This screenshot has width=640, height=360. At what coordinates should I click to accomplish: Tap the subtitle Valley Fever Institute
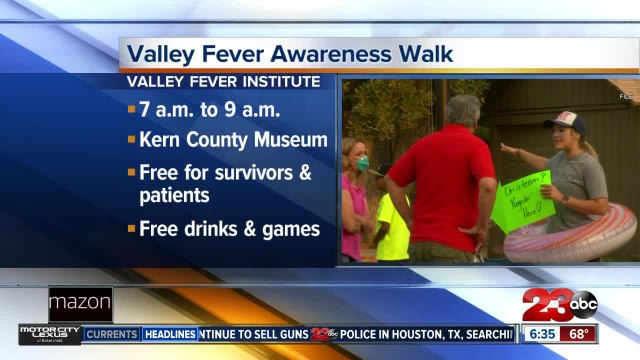(221, 81)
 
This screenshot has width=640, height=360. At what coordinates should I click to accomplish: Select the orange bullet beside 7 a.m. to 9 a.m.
(131, 107)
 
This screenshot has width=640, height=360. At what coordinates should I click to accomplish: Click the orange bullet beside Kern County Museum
(131, 139)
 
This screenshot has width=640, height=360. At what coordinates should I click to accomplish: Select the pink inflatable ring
(580, 238)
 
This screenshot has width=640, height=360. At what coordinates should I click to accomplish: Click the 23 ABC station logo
(570, 304)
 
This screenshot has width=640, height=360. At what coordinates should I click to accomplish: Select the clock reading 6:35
(542, 333)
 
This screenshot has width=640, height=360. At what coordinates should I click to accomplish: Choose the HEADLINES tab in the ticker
(169, 334)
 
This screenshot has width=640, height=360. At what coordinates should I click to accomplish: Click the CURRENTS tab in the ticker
(111, 334)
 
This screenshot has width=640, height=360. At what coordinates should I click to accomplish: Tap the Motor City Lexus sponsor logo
(49, 334)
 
